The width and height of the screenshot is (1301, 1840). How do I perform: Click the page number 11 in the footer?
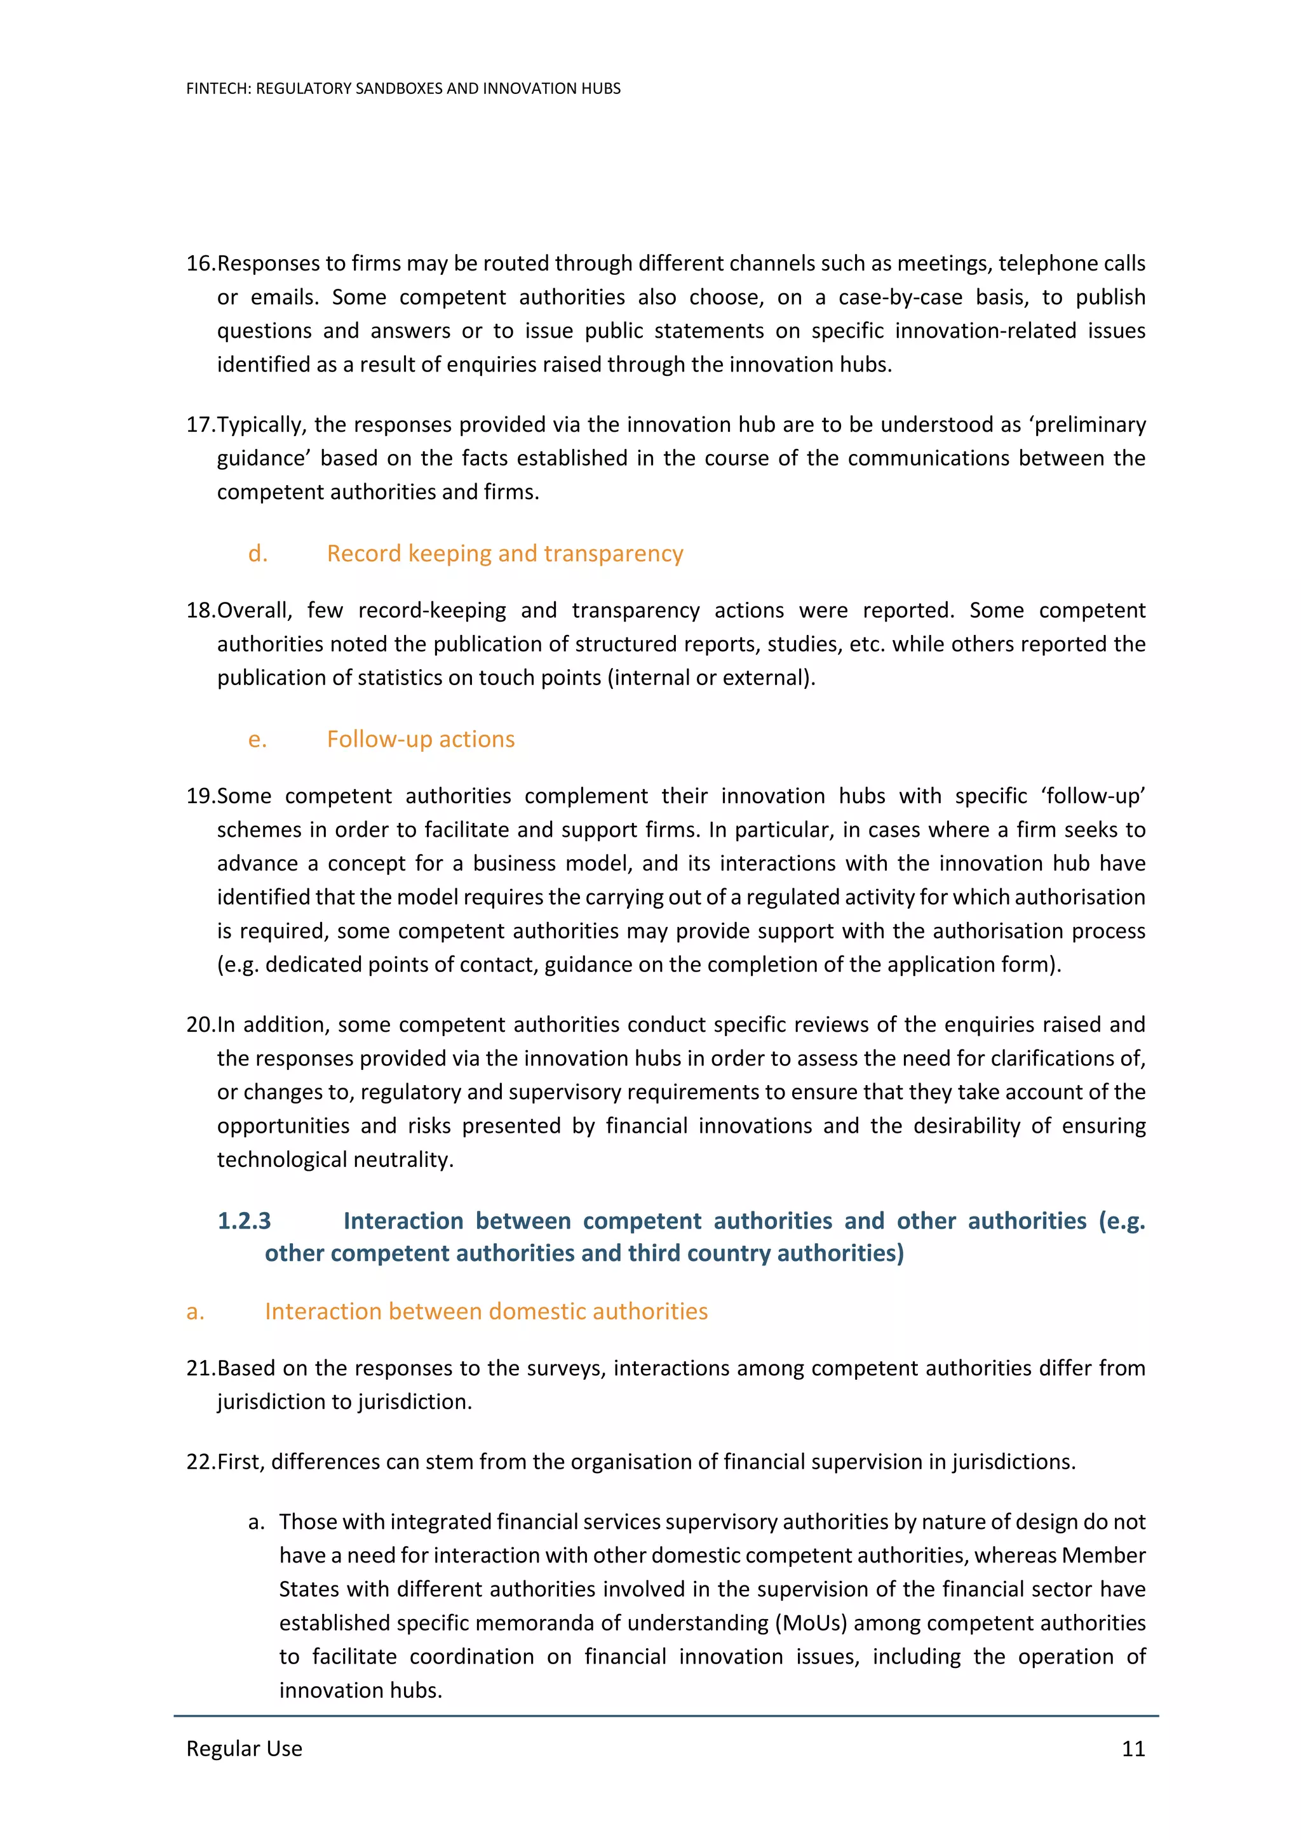1133,1748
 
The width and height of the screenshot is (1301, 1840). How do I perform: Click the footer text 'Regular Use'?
244,1748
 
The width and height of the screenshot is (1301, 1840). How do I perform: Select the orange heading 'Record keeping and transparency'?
504,553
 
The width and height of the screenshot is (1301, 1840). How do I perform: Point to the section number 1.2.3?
244,1220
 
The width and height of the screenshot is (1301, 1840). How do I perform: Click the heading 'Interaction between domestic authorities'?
486,1310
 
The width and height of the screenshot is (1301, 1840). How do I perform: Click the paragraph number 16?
199,263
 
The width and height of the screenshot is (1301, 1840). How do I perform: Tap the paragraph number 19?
199,795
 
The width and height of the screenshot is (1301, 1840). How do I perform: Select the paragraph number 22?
199,1461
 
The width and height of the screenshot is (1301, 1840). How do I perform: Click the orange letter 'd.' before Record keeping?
257,553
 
